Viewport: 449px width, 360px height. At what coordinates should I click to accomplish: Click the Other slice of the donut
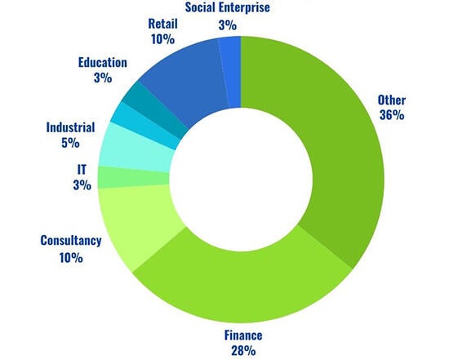327,147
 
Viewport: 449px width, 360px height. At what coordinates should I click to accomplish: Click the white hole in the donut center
241,176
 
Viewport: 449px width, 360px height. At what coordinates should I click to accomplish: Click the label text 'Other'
391,100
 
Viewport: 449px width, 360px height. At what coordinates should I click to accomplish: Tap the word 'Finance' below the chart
243,336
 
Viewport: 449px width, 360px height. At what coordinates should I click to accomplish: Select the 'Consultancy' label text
70,241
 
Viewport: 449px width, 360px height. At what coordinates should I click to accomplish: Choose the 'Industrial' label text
70,127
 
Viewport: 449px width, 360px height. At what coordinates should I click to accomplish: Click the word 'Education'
102,62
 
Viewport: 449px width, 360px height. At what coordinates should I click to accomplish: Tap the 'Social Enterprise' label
227,8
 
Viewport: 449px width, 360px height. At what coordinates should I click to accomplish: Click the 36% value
392,115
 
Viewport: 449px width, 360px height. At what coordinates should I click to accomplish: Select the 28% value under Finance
243,351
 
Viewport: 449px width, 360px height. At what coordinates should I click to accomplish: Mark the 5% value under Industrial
70,143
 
